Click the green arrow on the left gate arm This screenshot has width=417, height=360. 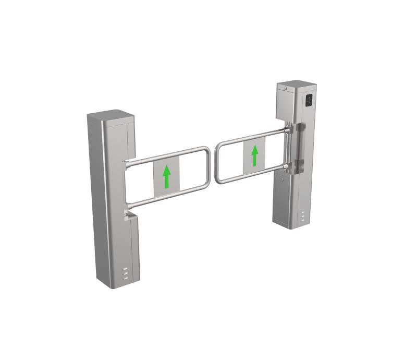167,177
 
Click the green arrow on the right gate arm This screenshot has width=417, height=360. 255,155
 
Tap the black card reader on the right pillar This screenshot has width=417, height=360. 309,99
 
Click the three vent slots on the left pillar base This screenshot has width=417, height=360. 125,273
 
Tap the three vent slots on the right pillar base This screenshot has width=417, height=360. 302,217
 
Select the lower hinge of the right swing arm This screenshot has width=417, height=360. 287,166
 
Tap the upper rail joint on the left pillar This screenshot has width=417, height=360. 125,163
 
